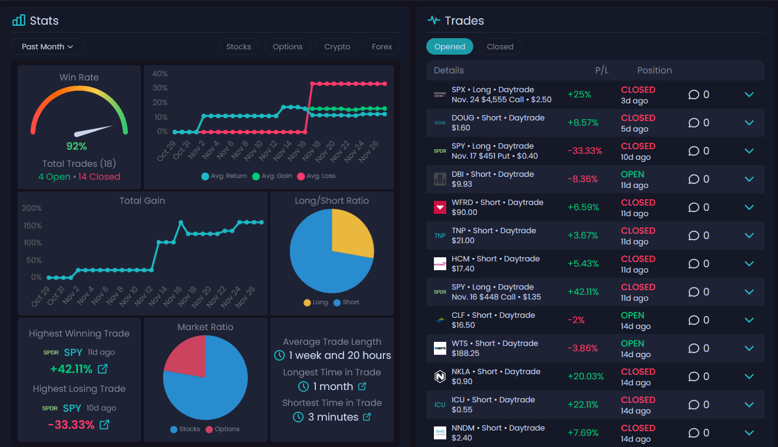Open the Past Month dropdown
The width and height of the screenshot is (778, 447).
click(48, 46)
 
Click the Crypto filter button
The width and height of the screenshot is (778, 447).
click(337, 46)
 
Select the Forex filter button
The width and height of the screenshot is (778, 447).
click(382, 46)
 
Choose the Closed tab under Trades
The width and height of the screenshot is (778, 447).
click(500, 46)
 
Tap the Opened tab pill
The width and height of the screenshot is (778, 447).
click(450, 46)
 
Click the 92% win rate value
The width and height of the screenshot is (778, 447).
click(76, 146)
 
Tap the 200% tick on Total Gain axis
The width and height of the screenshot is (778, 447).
click(32, 208)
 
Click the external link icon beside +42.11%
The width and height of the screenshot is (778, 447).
click(103, 369)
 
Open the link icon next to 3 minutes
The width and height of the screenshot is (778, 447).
click(367, 417)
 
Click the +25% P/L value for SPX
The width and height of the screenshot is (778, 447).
click(579, 95)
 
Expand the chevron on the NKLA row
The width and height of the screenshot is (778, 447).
click(749, 377)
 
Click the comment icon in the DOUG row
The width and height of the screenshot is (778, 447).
click(694, 123)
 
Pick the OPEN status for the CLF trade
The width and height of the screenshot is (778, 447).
click(632, 315)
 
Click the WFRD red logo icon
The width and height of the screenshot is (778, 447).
click(440, 207)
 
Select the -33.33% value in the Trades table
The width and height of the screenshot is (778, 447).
click(584, 151)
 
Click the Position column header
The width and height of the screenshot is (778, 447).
click(654, 70)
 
